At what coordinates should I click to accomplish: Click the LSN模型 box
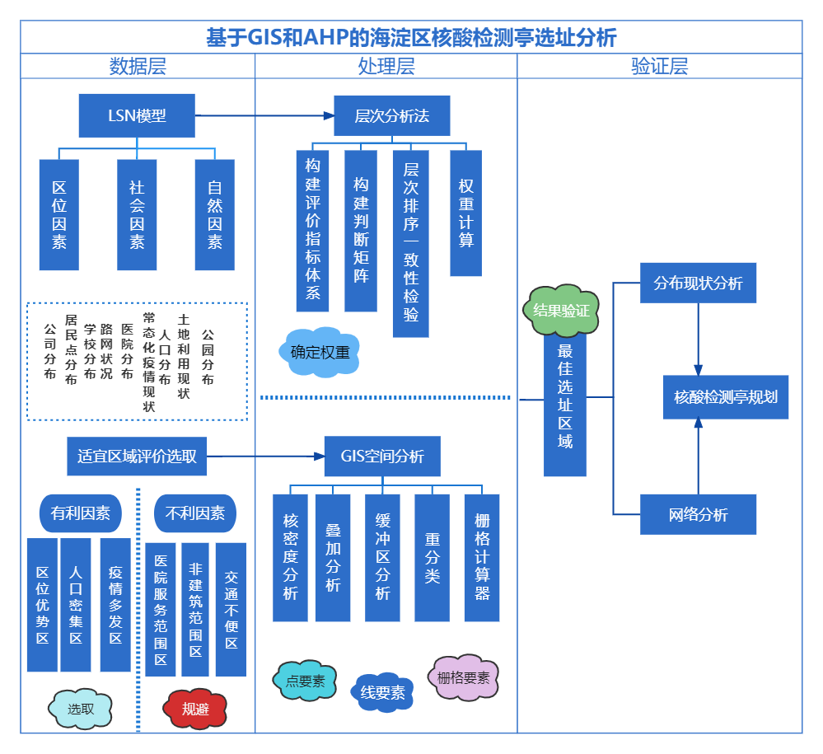click(x=137, y=115)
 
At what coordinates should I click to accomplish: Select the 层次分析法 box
click(x=391, y=115)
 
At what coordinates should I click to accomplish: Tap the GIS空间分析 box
click(x=382, y=457)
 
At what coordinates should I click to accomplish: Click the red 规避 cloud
click(x=195, y=709)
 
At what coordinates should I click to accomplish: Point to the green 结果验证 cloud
click(x=561, y=311)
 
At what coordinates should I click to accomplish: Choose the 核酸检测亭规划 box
click(x=726, y=396)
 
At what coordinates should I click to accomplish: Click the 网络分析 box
click(x=698, y=515)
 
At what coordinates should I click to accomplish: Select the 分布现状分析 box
click(x=698, y=283)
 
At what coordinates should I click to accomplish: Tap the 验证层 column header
click(x=659, y=67)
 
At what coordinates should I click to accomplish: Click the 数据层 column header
click(x=138, y=67)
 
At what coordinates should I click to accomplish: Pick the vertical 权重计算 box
click(x=465, y=213)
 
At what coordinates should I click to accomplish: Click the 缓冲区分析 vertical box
click(x=382, y=557)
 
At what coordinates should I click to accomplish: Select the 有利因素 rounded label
click(x=80, y=513)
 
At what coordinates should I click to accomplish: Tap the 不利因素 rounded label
click(x=195, y=513)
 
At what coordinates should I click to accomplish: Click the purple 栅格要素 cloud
click(x=463, y=677)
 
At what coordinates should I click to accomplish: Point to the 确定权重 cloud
click(x=320, y=353)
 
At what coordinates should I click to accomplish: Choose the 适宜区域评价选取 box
click(x=137, y=457)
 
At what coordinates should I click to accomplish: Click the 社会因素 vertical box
click(x=137, y=214)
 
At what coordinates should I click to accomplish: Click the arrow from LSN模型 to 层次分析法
click(x=264, y=116)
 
